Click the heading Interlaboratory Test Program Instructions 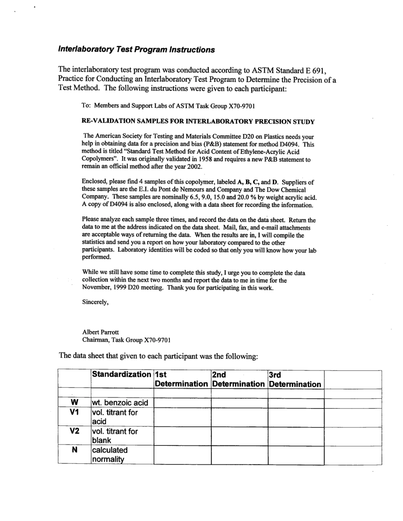click(136, 50)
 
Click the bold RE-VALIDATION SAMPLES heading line click(198, 122)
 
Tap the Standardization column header click(121, 375)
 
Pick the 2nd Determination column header click(239, 379)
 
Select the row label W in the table click(74, 403)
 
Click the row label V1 click(74, 412)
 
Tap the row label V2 click(74, 431)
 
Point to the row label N click(74, 450)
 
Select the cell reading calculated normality click(110, 454)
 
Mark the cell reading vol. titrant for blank click(115, 436)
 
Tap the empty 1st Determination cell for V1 click(182, 417)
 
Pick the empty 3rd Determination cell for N click(296, 454)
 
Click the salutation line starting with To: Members click(168, 106)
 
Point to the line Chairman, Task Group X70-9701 click(126, 340)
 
